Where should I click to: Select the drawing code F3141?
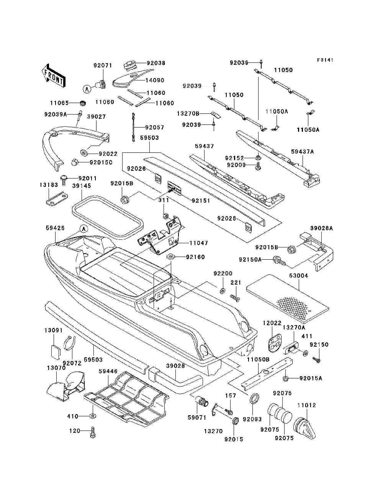pos(325,60)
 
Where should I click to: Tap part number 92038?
pos(156,63)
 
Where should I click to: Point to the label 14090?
pos(155,80)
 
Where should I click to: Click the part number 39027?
pos(96,117)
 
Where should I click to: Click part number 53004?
pos(299,276)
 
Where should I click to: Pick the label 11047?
pos(199,243)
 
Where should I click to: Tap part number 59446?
pos(108,371)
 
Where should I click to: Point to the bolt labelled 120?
pos(93,432)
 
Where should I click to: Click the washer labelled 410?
pos(92,416)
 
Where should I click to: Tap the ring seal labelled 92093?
pos(254,399)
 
